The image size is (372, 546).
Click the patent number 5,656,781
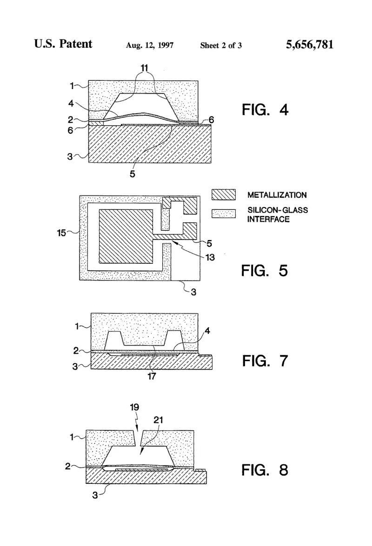(310, 45)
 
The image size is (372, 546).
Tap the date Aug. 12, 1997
(150, 45)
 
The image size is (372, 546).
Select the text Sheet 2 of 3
(221, 45)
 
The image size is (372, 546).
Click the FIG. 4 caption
(265, 110)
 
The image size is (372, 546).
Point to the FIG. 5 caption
(264, 271)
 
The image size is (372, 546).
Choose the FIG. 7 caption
(265, 361)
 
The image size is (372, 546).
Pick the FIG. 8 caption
(265, 470)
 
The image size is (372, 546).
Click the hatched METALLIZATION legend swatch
(224, 194)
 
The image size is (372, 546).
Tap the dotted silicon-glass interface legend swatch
(224, 214)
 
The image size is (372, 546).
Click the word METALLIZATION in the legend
(277, 195)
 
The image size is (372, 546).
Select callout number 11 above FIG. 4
(144, 68)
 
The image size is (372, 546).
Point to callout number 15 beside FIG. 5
(61, 233)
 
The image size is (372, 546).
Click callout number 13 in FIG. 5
(210, 257)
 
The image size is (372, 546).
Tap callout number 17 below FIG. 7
(152, 376)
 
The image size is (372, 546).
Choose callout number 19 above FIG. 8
(134, 407)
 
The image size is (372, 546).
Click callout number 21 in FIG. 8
(158, 420)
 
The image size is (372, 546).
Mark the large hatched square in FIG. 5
(126, 236)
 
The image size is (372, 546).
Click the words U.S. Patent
(63, 44)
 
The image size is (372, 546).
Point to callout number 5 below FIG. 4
(133, 174)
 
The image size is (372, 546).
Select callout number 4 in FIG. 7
(207, 331)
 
